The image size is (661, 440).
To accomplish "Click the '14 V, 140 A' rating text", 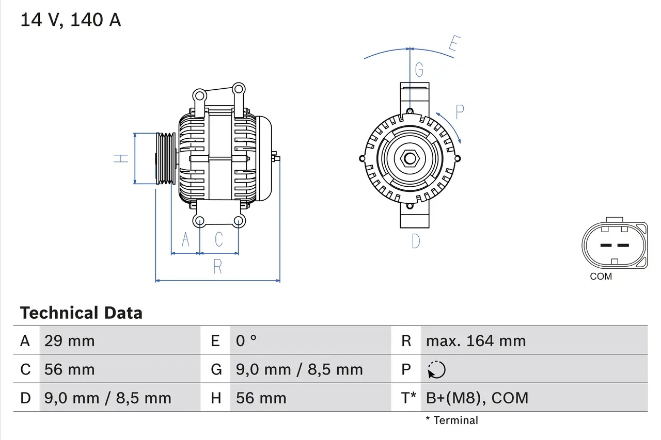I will click(x=70, y=20).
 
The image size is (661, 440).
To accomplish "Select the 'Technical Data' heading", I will click(x=81, y=313).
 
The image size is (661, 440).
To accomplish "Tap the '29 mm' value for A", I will click(x=70, y=341).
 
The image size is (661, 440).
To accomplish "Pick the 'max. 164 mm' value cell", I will click(x=476, y=341).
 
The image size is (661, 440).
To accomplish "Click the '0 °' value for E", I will click(x=246, y=341).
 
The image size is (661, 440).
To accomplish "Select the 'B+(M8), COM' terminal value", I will click(x=477, y=398).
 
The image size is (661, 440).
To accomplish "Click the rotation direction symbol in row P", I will click(x=436, y=369).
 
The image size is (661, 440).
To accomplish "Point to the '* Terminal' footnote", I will click(x=452, y=420).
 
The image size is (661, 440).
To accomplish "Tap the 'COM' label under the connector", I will click(x=601, y=276).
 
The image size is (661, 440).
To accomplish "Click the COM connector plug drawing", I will click(x=614, y=245).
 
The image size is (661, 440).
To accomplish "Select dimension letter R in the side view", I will click(x=217, y=267).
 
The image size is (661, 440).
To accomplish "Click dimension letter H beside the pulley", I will click(x=121, y=158).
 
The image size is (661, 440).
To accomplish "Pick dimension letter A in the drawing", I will click(x=185, y=239).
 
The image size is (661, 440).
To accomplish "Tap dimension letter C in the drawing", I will click(x=219, y=239).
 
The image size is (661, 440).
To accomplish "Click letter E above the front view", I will click(x=453, y=45).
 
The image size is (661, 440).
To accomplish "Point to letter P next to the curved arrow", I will click(x=460, y=111).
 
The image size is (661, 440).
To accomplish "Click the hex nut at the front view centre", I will click(x=410, y=158).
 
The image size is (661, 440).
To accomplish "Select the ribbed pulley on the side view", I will click(x=166, y=158).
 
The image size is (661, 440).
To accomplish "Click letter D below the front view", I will click(x=416, y=241).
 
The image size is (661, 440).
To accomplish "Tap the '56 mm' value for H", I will click(x=261, y=398).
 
